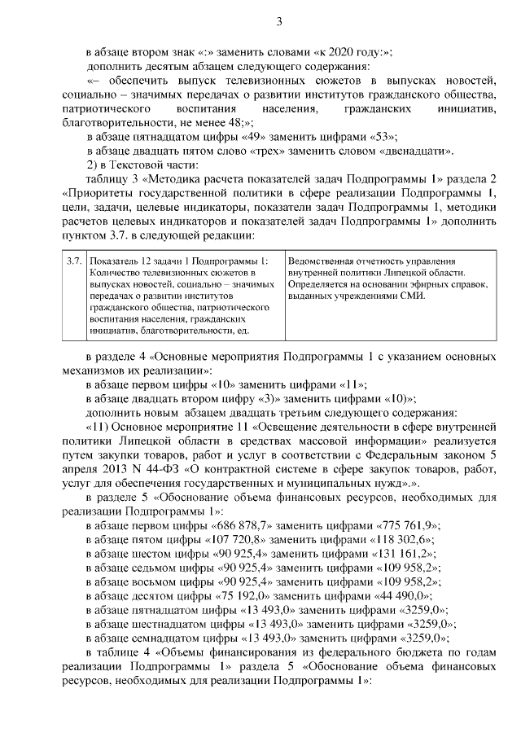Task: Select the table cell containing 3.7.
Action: tap(74, 260)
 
